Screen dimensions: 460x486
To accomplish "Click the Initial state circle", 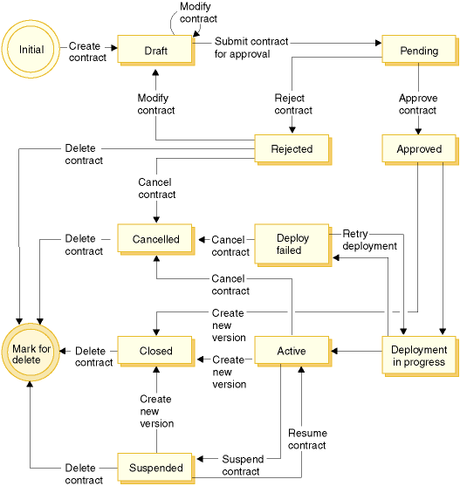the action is point(31,49).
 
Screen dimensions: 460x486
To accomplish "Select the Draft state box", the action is point(156,51).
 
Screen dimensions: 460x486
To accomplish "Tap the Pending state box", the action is point(420,51).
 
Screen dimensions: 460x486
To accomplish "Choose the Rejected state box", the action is point(293,149).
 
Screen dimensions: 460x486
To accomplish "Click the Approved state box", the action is point(420,149).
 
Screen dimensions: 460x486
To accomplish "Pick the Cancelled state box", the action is point(156,239).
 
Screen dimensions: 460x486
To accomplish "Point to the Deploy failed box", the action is point(293,245).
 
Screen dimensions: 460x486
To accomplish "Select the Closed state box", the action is point(156,351).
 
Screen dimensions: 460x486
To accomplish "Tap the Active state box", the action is point(293,351).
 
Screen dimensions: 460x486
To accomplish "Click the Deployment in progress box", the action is point(420,356).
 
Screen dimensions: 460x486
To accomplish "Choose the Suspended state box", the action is point(156,469).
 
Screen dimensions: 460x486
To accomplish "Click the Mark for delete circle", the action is point(31,353).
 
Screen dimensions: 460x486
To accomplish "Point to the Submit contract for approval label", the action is point(251,47).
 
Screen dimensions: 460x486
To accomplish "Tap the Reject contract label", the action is point(293,104).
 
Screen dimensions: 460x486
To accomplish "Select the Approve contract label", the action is point(418,104).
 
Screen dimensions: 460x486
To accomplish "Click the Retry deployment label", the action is point(369,240).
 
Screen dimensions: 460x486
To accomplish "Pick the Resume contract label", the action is point(307,439).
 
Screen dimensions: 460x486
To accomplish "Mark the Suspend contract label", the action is point(243,465).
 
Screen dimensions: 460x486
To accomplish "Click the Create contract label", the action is point(87,51).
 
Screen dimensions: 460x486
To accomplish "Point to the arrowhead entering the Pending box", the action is point(379,43).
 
